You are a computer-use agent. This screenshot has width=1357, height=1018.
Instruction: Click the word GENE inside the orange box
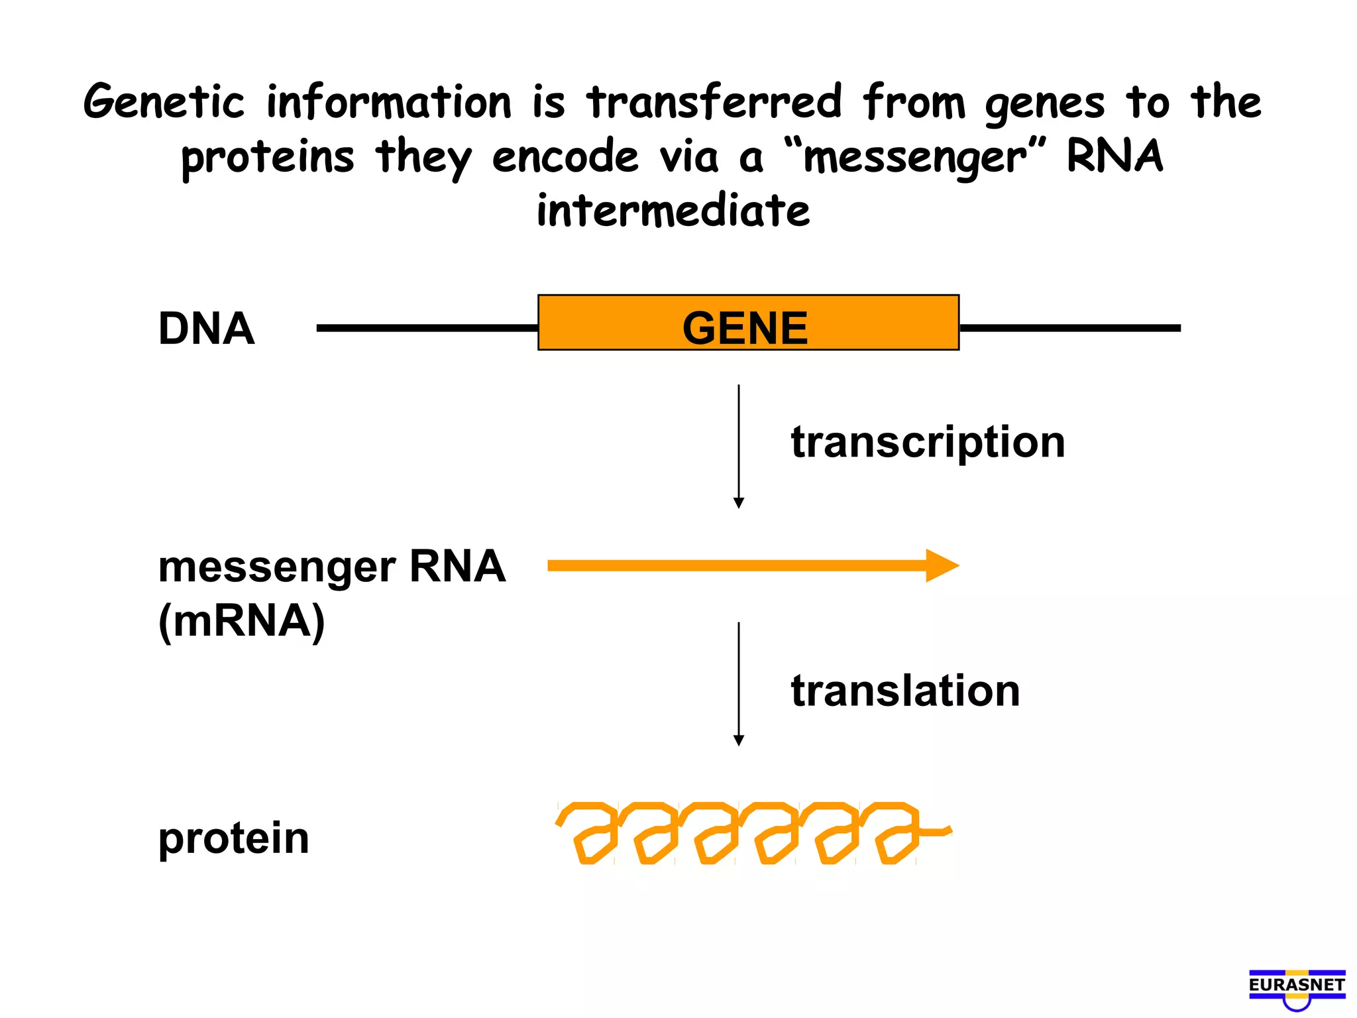click(745, 328)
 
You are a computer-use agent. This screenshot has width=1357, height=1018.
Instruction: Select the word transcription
click(928, 442)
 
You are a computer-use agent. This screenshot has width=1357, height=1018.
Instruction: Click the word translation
click(905, 691)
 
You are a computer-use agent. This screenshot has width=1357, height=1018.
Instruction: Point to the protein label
click(233, 838)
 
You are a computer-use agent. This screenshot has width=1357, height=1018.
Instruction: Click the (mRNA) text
click(242, 621)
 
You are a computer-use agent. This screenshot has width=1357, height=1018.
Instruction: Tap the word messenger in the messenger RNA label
click(277, 568)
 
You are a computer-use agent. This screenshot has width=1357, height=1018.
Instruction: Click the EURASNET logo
click(1297, 988)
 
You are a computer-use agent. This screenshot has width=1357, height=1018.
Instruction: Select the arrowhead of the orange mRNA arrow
click(942, 565)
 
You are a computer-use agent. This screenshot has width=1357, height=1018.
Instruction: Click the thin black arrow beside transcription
click(739, 444)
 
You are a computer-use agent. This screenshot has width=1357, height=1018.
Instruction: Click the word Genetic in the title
click(164, 103)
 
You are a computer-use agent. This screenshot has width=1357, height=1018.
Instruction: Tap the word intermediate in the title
click(673, 211)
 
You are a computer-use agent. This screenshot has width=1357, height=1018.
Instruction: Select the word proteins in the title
click(268, 158)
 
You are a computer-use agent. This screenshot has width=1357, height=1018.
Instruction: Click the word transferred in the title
click(714, 103)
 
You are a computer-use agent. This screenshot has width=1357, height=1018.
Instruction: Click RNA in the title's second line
click(1114, 156)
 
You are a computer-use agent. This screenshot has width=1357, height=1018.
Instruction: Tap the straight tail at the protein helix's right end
click(936, 830)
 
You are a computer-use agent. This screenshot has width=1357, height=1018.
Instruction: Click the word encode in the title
click(565, 158)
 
